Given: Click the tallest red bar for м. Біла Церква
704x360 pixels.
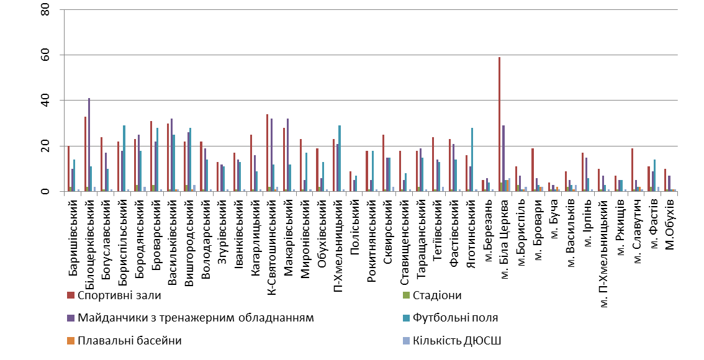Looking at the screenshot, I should (x=499, y=124).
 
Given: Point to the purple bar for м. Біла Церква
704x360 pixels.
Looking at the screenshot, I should (x=503, y=158).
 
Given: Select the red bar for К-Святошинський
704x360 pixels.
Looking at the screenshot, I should (x=267, y=153).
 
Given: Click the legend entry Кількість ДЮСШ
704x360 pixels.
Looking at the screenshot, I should (x=453, y=340).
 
